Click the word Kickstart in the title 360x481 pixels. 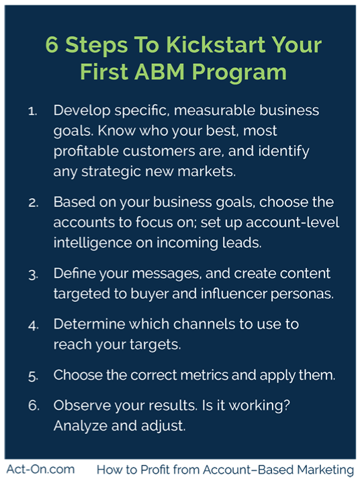click(x=216, y=45)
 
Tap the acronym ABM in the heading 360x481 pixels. click(x=159, y=72)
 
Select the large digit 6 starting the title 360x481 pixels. click(x=52, y=45)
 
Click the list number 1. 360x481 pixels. click(x=32, y=111)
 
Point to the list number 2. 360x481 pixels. click(x=33, y=203)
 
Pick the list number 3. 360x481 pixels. click(x=33, y=275)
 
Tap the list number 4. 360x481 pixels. click(x=33, y=325)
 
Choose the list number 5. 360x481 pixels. click(x=33, y=376)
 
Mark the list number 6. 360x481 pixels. click(x=34, y=406)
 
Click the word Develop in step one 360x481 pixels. click(x=82, y=111)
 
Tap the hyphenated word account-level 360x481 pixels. click(x=293, y=222)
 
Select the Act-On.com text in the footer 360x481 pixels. click(x=40, y=470)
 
